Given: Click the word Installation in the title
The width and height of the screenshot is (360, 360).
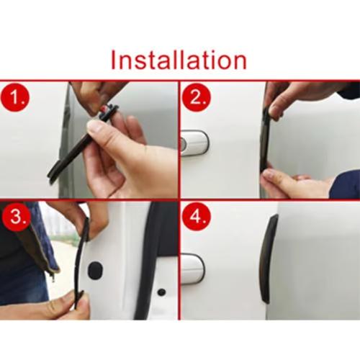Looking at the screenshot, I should click(x=179, y=59).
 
